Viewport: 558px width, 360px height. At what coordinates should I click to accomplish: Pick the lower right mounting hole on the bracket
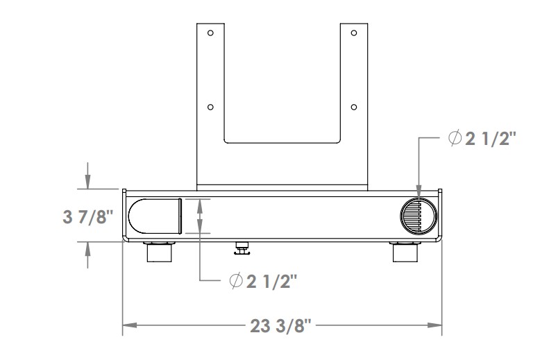(354, 107)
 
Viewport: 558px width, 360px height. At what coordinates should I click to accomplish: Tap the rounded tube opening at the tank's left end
(155, 216)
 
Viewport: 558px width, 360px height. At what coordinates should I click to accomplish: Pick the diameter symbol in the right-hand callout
(455, 139)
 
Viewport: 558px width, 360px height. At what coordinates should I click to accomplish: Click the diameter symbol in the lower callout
(236, 280)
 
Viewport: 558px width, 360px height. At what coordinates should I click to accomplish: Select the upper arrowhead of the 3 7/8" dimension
(88, 183)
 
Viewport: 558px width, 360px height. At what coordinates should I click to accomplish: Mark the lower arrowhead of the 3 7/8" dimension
(88, 247)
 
